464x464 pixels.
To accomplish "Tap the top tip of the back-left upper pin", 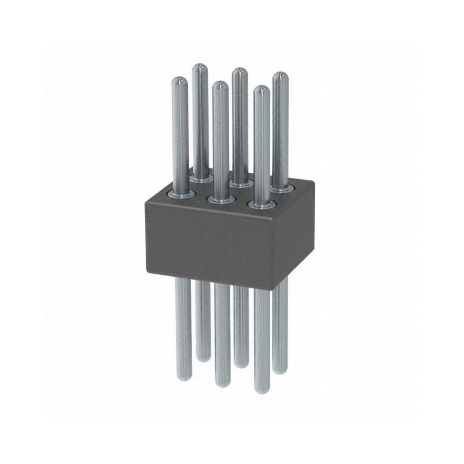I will pyautogui.click(x=200, y=67).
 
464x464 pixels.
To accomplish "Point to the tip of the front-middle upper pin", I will pyautogui.click(x=219, y=85).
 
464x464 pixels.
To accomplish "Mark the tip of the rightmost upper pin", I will pyautogui.click(x=281, y=75).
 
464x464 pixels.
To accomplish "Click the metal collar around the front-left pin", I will pyautogui.click(x=177, y=194).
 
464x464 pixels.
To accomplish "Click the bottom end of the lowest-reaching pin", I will pyautogui.click(x=262, y=390).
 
